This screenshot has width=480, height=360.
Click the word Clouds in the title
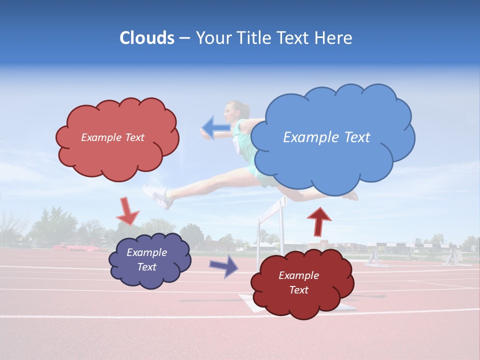tap(147, 38)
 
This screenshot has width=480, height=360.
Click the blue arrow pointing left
tap(216, 127)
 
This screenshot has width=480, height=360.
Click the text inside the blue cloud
tap(326, 137)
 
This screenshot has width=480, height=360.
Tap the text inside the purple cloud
tap(147, 259)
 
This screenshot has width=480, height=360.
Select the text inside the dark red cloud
tap(298, 282)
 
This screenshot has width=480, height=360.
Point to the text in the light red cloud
tap(112, 137)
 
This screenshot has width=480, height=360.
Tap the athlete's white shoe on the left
tap(157, 196)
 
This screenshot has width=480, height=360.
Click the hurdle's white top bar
tap(272, 208)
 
